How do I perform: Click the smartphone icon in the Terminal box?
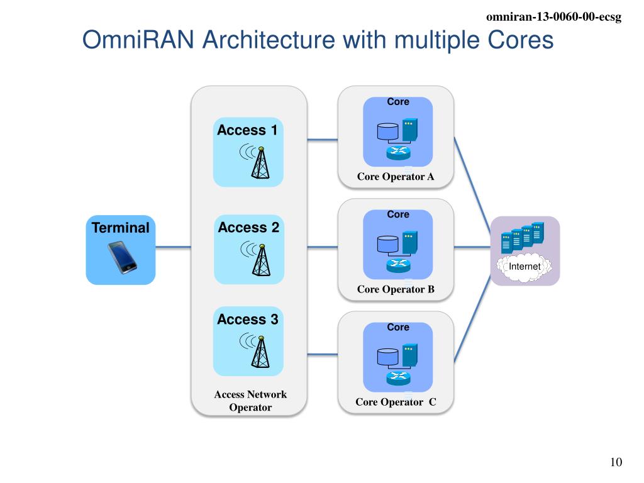pos(122,257)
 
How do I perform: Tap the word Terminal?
pos(120,228)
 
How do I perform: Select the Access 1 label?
pos(247,130)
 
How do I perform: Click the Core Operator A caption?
pos(396,177)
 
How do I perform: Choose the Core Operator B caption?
pos(396,289)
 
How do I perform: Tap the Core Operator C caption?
pos(396,402)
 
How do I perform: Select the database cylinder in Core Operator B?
pos(387,245)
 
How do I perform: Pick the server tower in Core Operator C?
pos(409,355)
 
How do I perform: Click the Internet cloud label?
pos(525,267)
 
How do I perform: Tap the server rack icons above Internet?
pos(523,237)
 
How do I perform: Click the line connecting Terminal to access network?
pos(174,247)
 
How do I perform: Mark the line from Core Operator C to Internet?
pos(472,319)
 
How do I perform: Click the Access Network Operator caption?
pos(250,401)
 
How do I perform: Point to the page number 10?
pos(616,462)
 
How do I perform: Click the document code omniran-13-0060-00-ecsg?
pos(553,17)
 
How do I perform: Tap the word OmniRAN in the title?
pos(138,40)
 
